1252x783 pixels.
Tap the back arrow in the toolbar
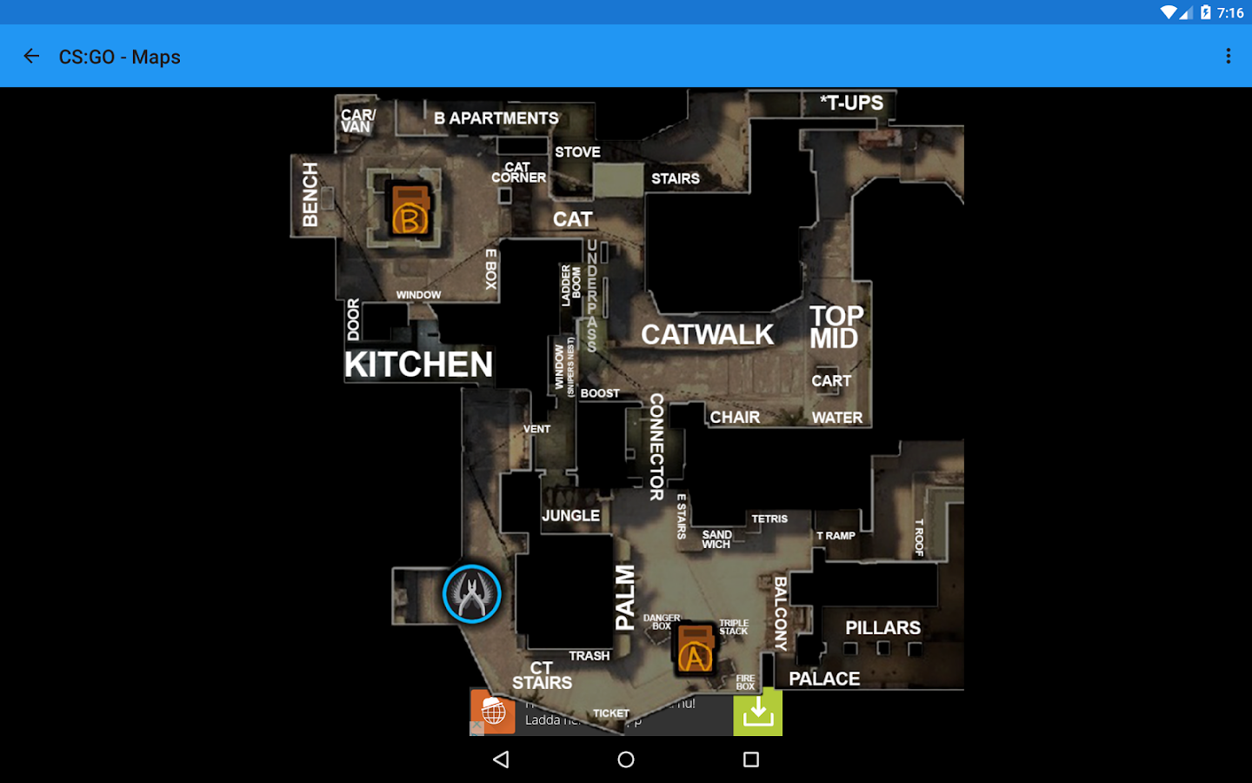(31, 57)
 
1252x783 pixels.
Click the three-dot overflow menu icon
(1228, 57)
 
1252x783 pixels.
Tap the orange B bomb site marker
(410, 211)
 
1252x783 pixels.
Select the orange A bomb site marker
(695, 648)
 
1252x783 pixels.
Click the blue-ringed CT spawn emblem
(472, 594)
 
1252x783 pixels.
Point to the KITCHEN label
(418, 365)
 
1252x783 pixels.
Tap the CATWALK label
(707, 335)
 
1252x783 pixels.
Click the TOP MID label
(836, 327)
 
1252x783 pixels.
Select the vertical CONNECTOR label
(656, 446)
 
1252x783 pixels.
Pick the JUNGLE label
(570, 516)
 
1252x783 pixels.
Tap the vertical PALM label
(625, 597)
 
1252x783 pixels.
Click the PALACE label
(824, 679)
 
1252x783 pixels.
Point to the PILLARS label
(882, 628)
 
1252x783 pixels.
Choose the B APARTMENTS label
(496, 118)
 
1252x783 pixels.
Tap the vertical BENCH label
(310, 195)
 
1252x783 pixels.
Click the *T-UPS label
(851, 103)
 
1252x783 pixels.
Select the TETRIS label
(769, 519)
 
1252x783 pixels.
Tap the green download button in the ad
(757, 713)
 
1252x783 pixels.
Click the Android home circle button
(626, 760)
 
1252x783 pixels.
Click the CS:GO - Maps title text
(120, 57)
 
